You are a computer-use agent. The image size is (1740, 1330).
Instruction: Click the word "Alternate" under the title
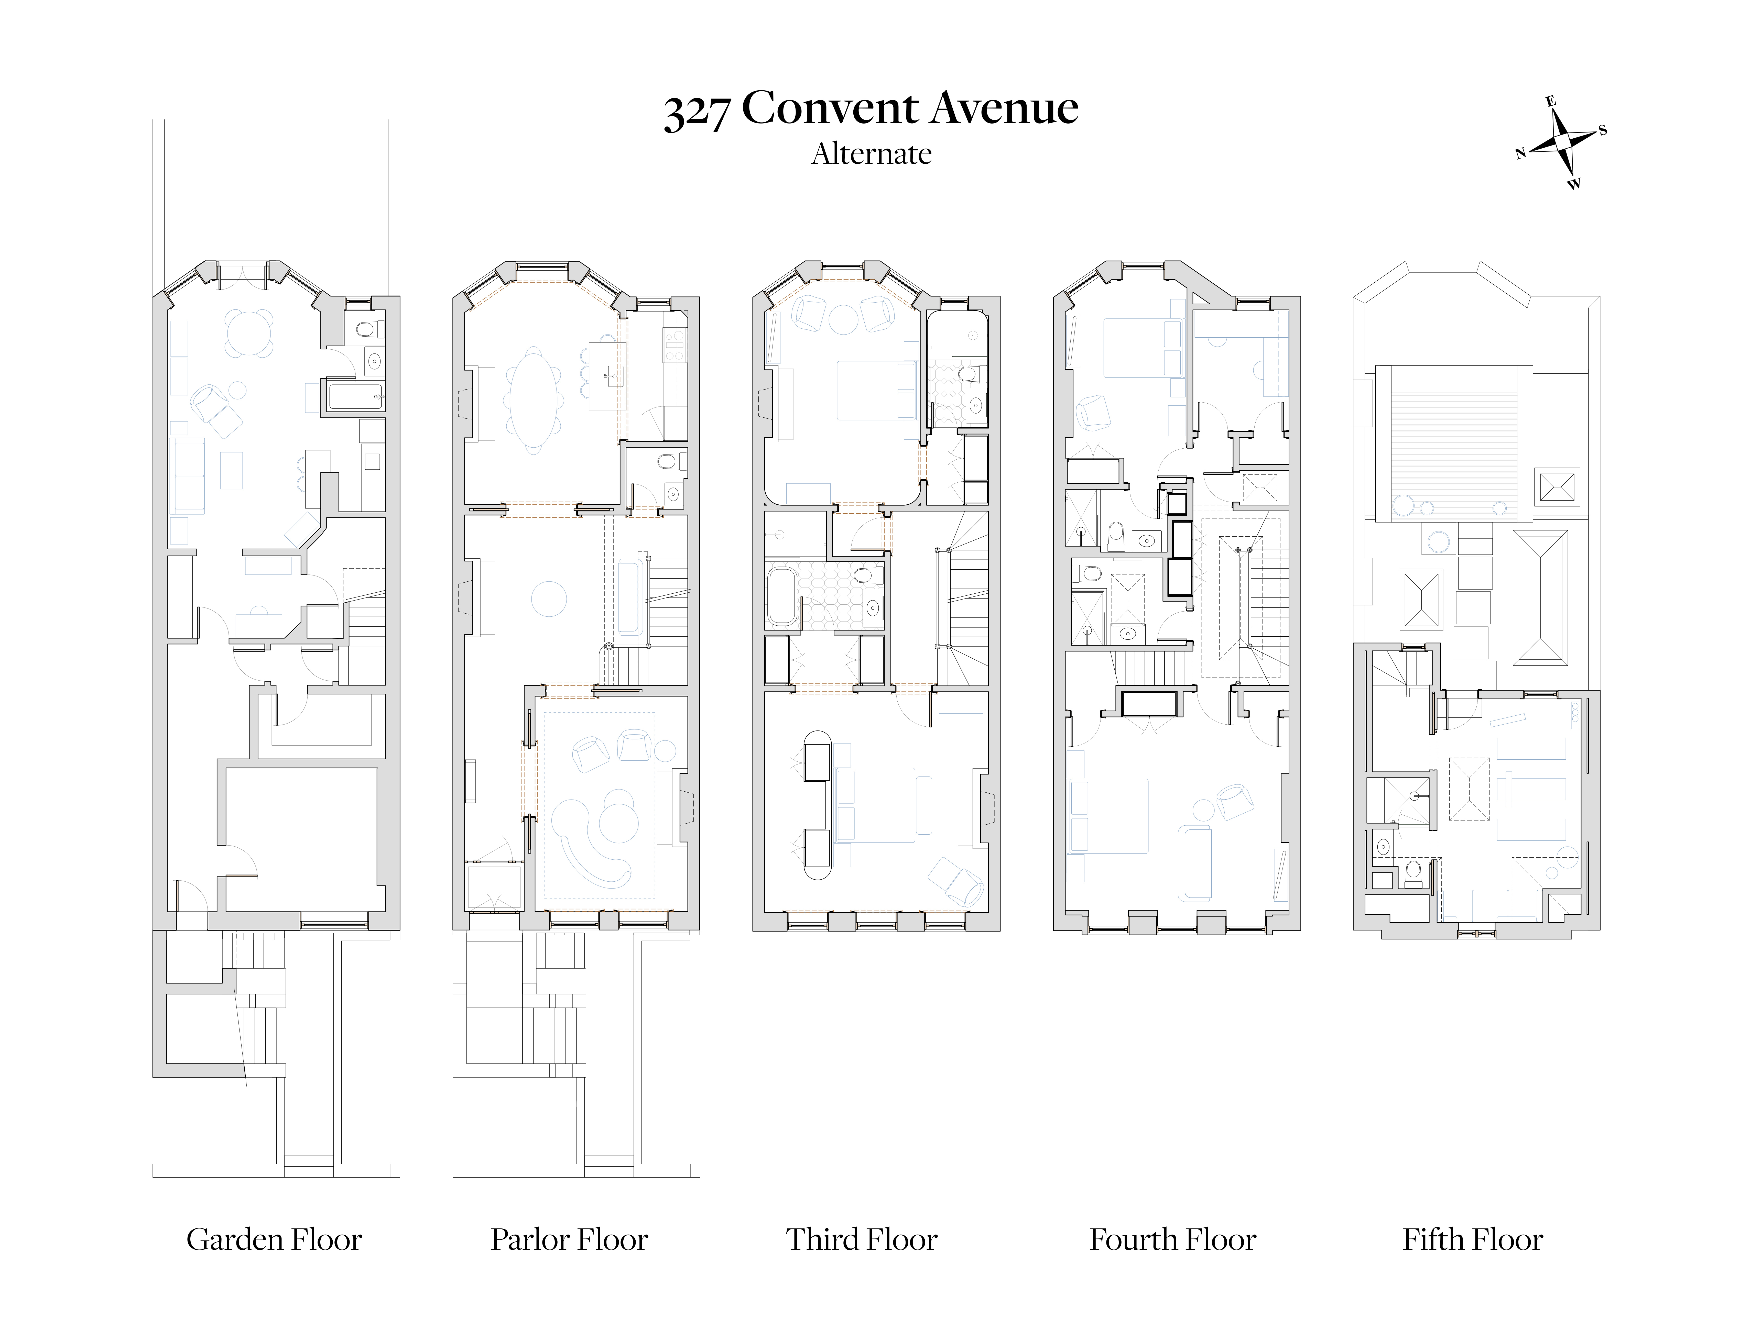[871, 153]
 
